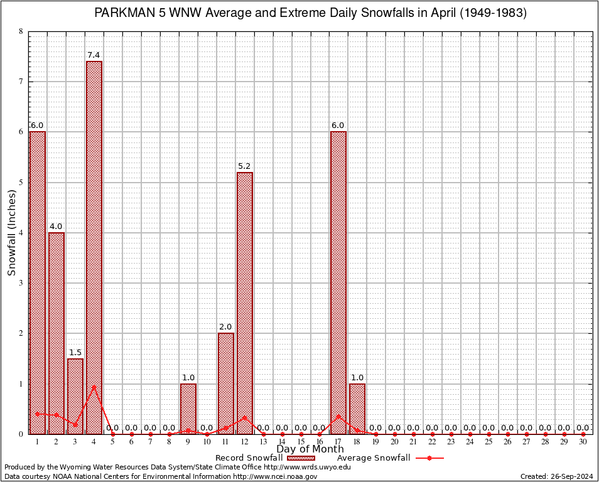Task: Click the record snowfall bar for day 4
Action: tap(94, 247)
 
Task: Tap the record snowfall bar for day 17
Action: tap(338, 282)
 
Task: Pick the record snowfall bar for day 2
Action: tap(57, 333)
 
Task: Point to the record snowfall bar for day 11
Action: tap(226, 383)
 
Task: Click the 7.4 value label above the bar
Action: tap(94, 55)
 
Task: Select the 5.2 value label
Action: tap(244, 166)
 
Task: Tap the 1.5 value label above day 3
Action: tap(75, 353)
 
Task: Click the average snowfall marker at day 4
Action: tap(94, 387)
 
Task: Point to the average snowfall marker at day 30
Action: tap(583, 434)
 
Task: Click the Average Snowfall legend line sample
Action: tap(428, 458)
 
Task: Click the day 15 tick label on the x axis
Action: tap(301, 442)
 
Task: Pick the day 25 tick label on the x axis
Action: tap(488, 442)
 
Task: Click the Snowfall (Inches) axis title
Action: tap(11, 233)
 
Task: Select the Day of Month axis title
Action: tap(310, 449)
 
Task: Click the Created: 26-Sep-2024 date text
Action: tap(556, 476)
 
